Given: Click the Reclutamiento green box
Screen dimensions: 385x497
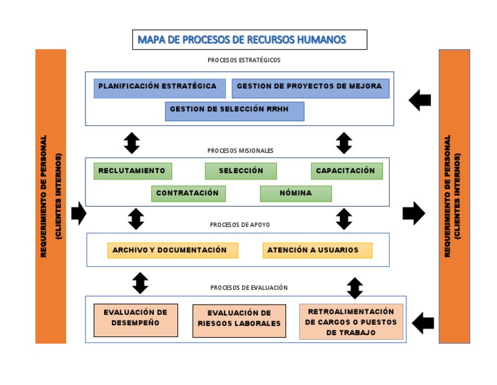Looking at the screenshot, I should pos(133,171).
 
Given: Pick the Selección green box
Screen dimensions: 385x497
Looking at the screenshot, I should pos(241,171).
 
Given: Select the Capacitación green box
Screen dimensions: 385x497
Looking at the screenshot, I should pos(346,171).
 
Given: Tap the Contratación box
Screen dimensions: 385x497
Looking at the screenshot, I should pos(188,194).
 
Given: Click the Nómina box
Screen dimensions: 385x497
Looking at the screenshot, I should pos(296,194).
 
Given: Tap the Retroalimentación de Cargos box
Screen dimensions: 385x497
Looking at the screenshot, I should pos(351,321).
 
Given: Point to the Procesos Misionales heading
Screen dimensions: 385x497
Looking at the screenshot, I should pos(240,150).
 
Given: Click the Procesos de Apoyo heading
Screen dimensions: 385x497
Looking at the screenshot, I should pos(240,225).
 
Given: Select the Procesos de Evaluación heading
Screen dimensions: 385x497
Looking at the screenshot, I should pos(248,287).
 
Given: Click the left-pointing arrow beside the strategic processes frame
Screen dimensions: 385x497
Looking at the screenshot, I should pos(420,100).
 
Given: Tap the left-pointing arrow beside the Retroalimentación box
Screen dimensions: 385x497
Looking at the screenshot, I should pos(423,322).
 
